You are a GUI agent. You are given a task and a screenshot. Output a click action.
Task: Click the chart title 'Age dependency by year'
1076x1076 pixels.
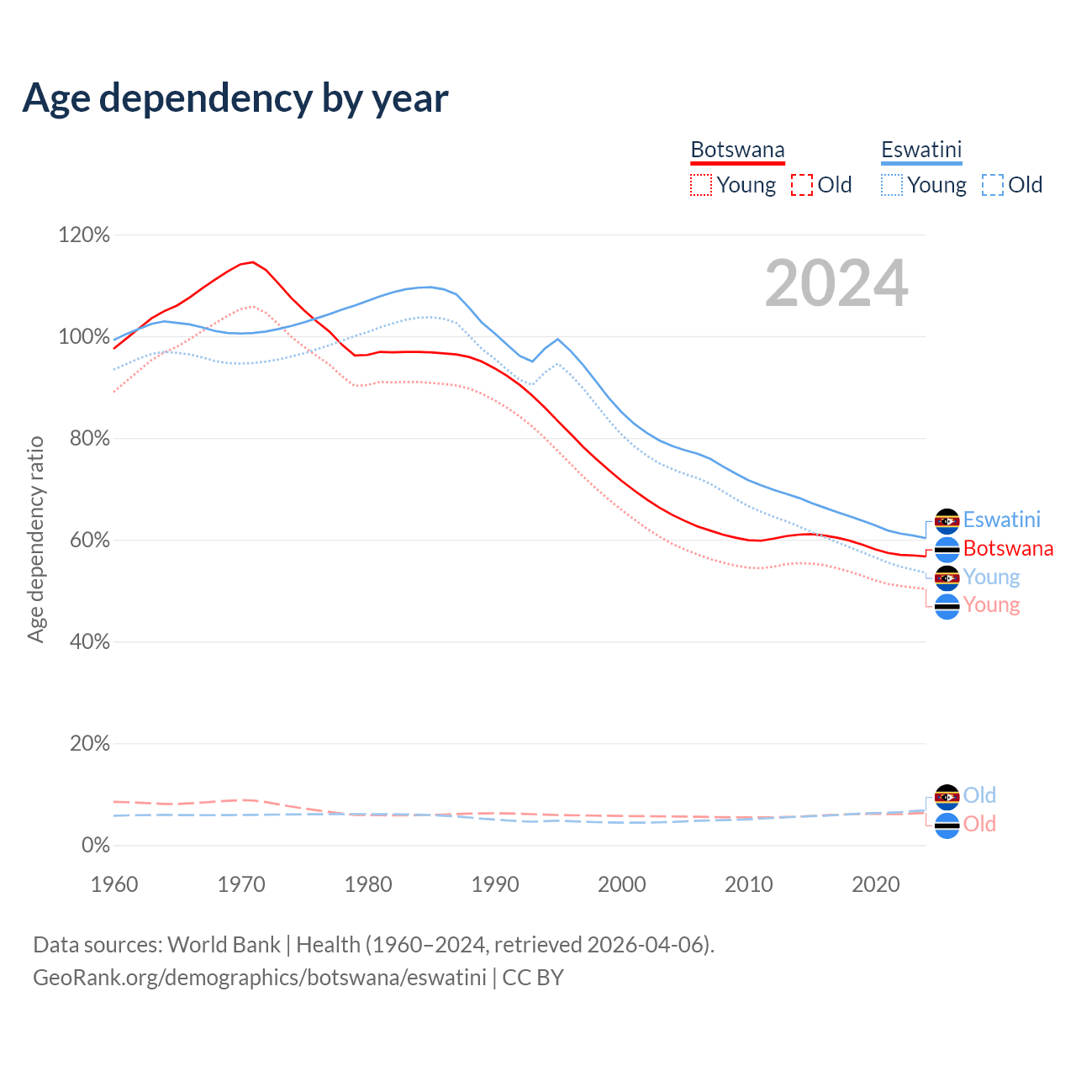pyautogui.click(x=235, y=98)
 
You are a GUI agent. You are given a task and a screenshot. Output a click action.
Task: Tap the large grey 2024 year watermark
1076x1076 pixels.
pyautogui.click(x=836, y=283)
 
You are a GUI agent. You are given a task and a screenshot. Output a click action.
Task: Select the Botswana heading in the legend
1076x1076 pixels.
pyautogui.click(x=737, y=150)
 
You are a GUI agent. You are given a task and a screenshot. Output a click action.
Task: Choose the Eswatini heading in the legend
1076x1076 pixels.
pyautogui.click(x=920, y=150)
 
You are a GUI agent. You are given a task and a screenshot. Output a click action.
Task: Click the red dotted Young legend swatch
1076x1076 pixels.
pyautogui.click(x=700, y=185)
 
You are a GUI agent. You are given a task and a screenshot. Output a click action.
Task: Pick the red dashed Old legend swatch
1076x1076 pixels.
pyautogui.click(x=802, y=185)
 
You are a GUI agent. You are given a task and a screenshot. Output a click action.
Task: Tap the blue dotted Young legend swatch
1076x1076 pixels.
pyautogui.click(x=891, y=185)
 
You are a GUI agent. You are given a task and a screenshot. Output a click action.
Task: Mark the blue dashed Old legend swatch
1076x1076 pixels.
pyautogui.click(x=993, y=185)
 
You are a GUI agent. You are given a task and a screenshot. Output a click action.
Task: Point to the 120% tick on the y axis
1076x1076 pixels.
pyautogui.click(x=84, y=235)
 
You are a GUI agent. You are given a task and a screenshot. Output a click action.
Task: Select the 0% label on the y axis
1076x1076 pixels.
pyautogui.click(x=95, y=846)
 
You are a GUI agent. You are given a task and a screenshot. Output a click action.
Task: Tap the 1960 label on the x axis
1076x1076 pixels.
pyautogui.click(x=114, y=884)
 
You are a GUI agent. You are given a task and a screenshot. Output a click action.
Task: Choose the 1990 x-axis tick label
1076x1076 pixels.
pyautogui.click(x=495, y=884)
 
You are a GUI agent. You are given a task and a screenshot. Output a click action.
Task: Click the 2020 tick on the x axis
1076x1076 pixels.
pyautogui.click(x=876, y=884)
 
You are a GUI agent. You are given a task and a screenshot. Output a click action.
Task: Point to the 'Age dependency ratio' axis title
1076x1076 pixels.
pyautogui.click(x=35, y=539)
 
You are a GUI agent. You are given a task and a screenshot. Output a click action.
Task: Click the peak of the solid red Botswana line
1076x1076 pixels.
pyautogui.click(x=252, y=262)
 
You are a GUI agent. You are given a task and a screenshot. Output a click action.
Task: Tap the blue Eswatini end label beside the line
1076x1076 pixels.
pyautogui.click(x=1001, y=520)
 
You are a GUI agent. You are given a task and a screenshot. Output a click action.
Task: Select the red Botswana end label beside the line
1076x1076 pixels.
pyautogui.click(x=1008, y=549)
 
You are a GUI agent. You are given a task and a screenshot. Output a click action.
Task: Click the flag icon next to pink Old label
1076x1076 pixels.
pyautogui.click(x=947, y=825)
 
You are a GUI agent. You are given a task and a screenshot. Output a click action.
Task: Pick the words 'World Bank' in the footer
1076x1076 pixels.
pyautogui.click(x=224, y=945)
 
